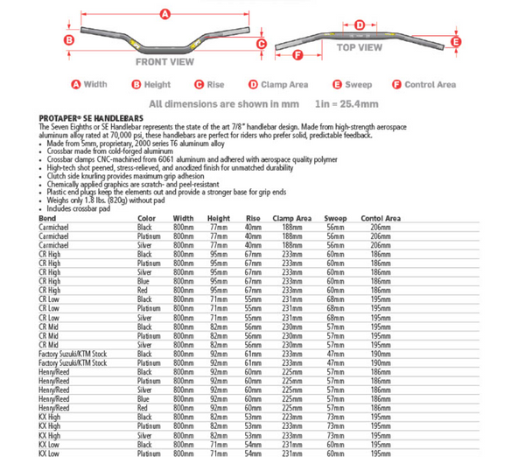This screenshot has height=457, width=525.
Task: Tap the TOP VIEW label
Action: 360,47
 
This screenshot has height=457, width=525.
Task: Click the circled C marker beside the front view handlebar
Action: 261,42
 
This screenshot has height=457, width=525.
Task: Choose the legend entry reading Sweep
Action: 354,85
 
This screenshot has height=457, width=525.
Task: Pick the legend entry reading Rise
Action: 211,85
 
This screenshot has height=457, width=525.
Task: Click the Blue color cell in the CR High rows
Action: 144,281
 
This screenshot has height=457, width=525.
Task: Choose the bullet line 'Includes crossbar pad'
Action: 80,210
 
